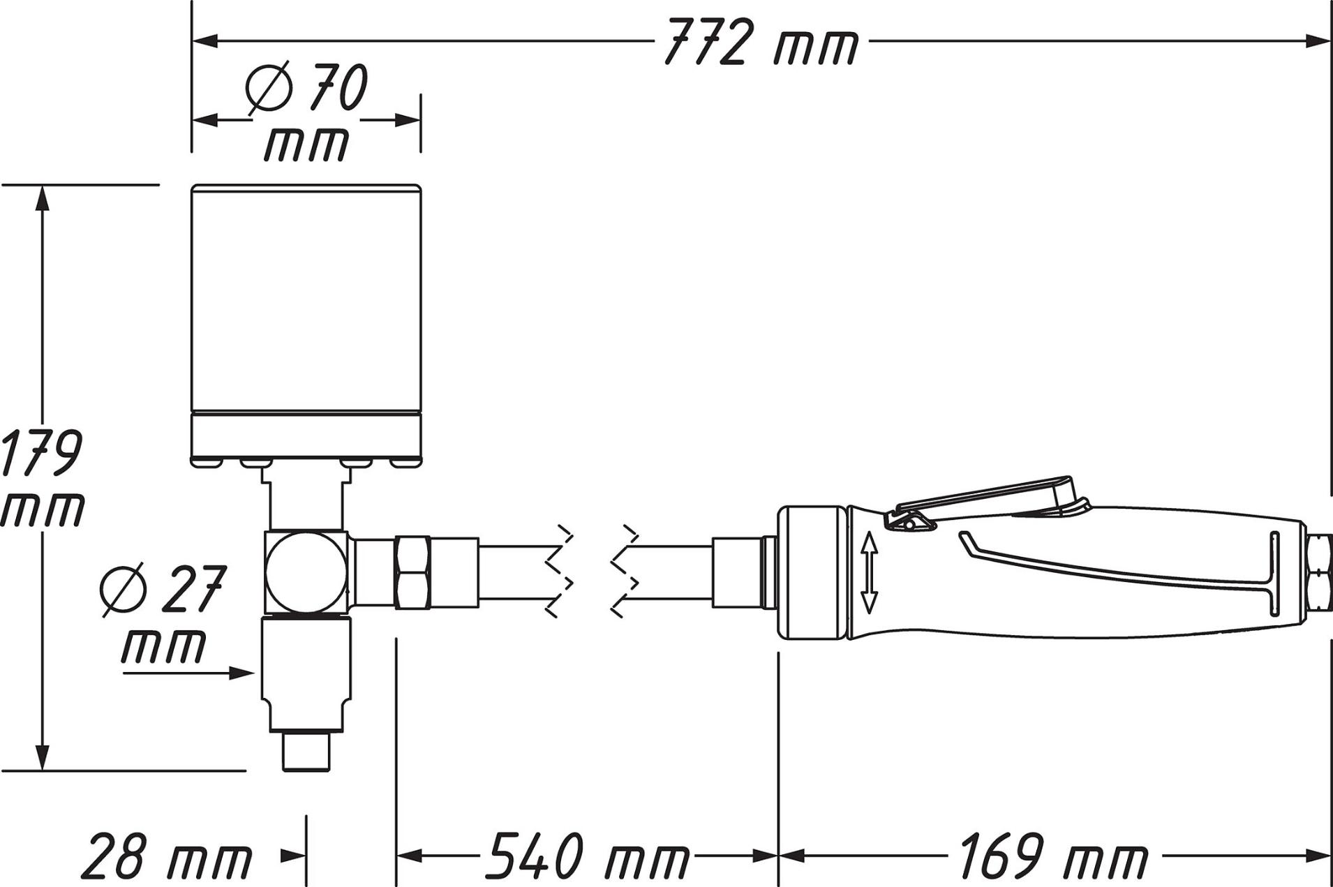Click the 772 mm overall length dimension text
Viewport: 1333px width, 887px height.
[760, 42]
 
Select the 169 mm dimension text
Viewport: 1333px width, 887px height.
[1053, 855]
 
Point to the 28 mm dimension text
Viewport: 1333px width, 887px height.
[166, 856]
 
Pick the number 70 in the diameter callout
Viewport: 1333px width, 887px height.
[338, 87]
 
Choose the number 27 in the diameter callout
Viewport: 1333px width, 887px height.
[193, 588]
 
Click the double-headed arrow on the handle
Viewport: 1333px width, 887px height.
[869, 572]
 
